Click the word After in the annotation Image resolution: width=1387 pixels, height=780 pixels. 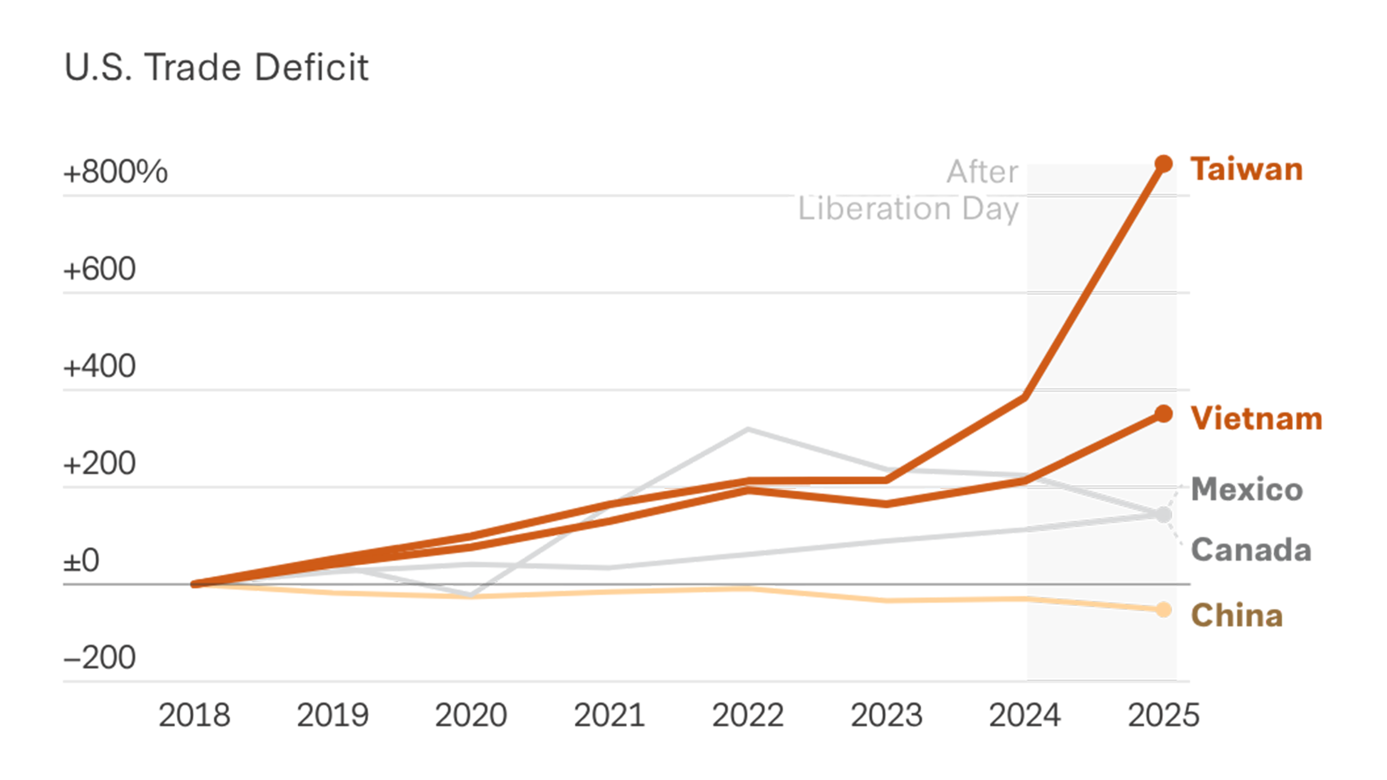pyautogui.click(x=982, y=172)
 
